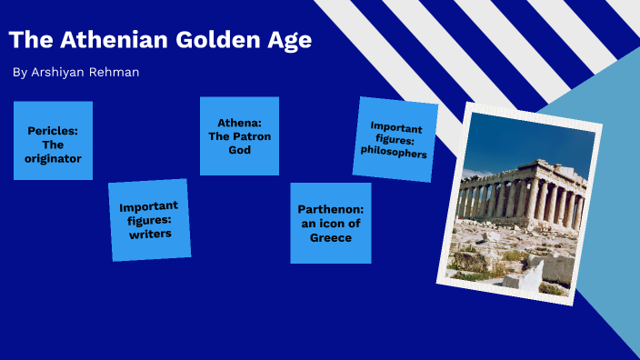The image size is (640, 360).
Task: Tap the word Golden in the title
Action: (204, 41)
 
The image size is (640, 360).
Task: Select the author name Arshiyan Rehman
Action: (88, 72)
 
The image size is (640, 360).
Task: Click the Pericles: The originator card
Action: (53, 141)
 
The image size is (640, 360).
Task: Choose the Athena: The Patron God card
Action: (239, 135)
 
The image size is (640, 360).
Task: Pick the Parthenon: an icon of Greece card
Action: (330, 223)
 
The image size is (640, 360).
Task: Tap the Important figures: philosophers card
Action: (395, 140)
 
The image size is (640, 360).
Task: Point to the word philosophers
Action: (394, 153)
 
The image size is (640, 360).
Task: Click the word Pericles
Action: (52, 130)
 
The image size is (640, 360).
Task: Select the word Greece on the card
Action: (330, 237)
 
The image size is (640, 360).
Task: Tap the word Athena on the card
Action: (239, 123)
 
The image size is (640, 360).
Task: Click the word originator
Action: (53, 158)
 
